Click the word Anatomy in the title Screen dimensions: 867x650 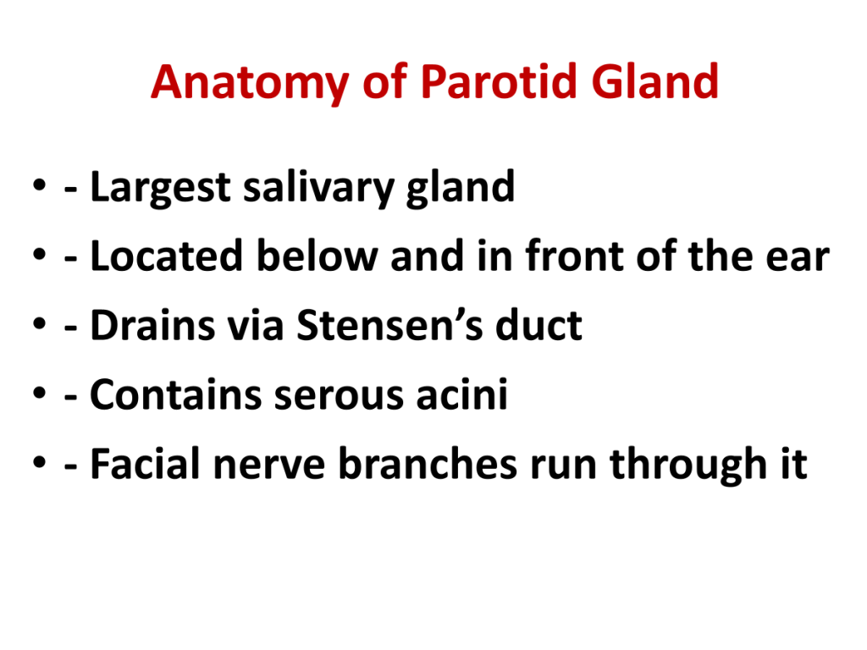pyautogui.click(x=250, y=83)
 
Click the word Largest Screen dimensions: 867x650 pyautogui.click(x=160, y=189)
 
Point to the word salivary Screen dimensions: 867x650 pyautogui.click(x=318, y=189)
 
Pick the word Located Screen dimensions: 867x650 pyautogui.click(x=167, y=256)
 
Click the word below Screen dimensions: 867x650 pyautogui.click(x=318, y=256)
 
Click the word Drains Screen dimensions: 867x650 pyautogui.click(x=152, y=325)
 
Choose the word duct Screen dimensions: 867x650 pyautogui.click(x=538, y=325)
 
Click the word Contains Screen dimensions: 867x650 pyautogui.click(x=176, y=394)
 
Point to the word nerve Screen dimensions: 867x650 pyautogui.click(x=269, y=467)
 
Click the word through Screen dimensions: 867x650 pyautogui.click(x=688, y=465)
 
